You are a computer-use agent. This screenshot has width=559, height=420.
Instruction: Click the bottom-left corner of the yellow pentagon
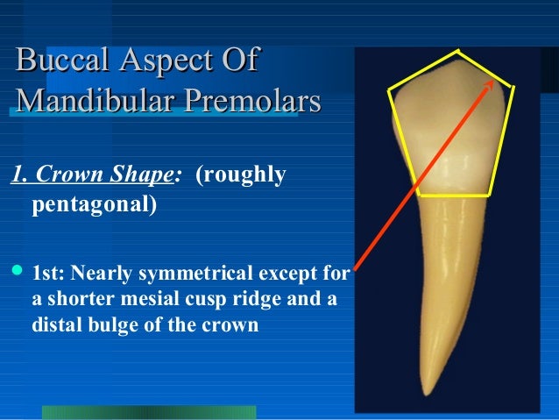click(417, 194)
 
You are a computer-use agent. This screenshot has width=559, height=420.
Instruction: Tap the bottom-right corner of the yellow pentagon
click(492, 194)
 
